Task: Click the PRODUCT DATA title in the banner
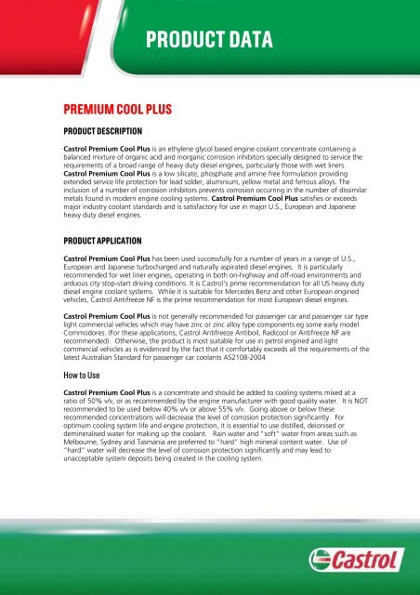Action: [x=209, y=40]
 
